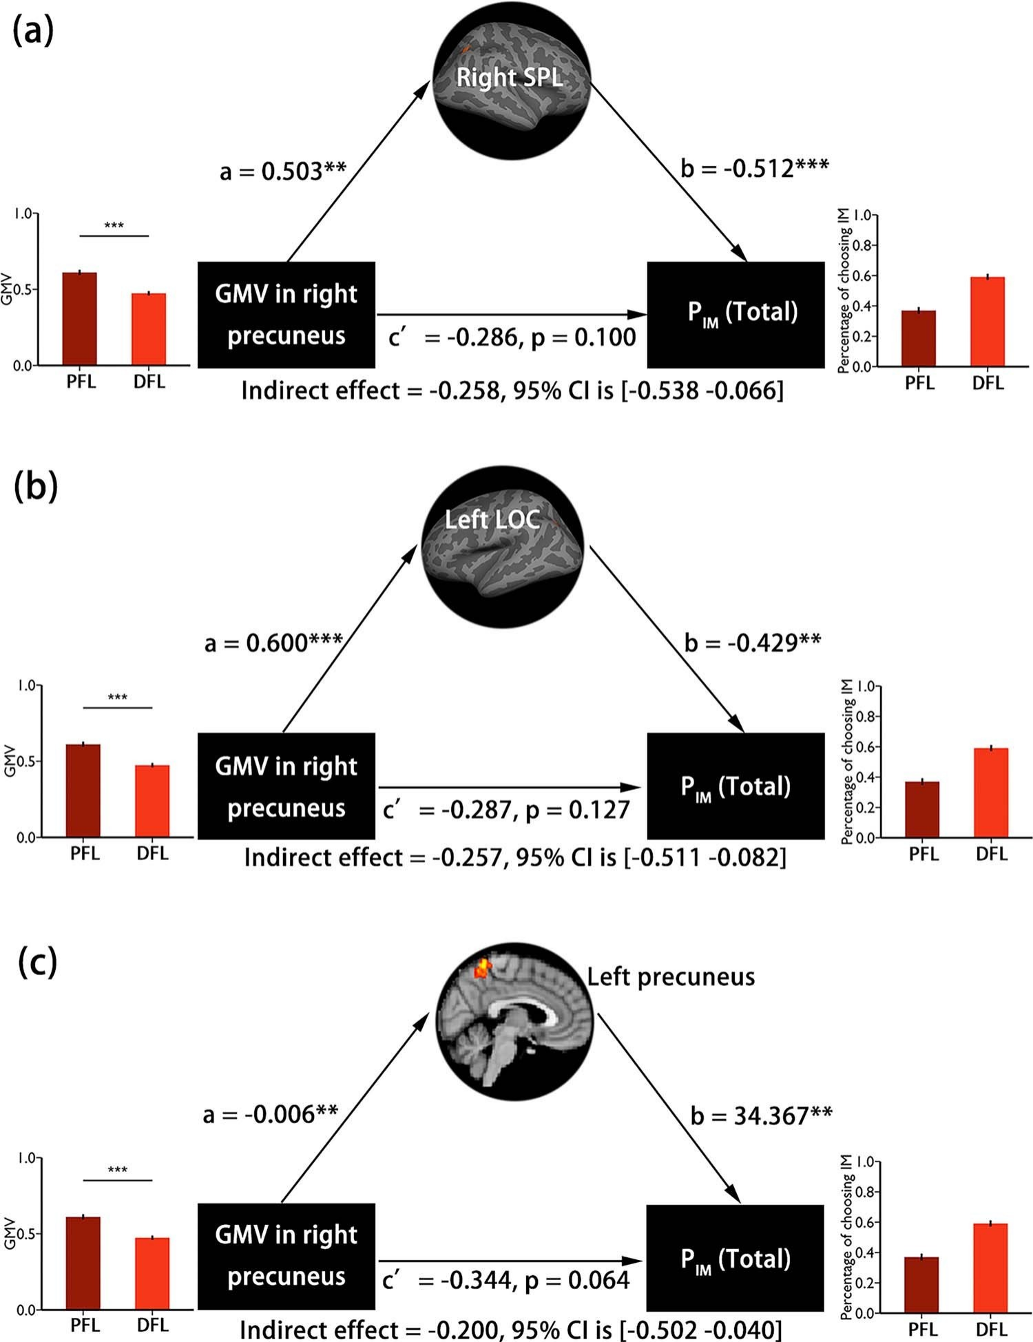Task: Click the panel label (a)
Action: pos(33,32)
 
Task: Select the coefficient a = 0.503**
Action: pos(282,170)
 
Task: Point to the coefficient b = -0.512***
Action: pos(754,167)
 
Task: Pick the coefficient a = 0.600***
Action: pos(273,642)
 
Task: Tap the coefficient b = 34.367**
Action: pos(761,1115)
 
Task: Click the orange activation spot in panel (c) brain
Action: pos(482,968)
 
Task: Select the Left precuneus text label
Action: pos(671,976)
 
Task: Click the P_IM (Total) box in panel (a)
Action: pos(735,314)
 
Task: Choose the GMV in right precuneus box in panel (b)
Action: pos(286,786)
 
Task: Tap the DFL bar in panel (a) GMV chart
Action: pos(149,329)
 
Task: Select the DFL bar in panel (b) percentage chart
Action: pos(991,792)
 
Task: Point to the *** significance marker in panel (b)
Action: pos(117,698)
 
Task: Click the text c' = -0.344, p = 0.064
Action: pos(506,1279)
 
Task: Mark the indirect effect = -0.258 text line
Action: pos(512,390)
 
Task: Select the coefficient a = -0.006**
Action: pos(270,1114)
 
